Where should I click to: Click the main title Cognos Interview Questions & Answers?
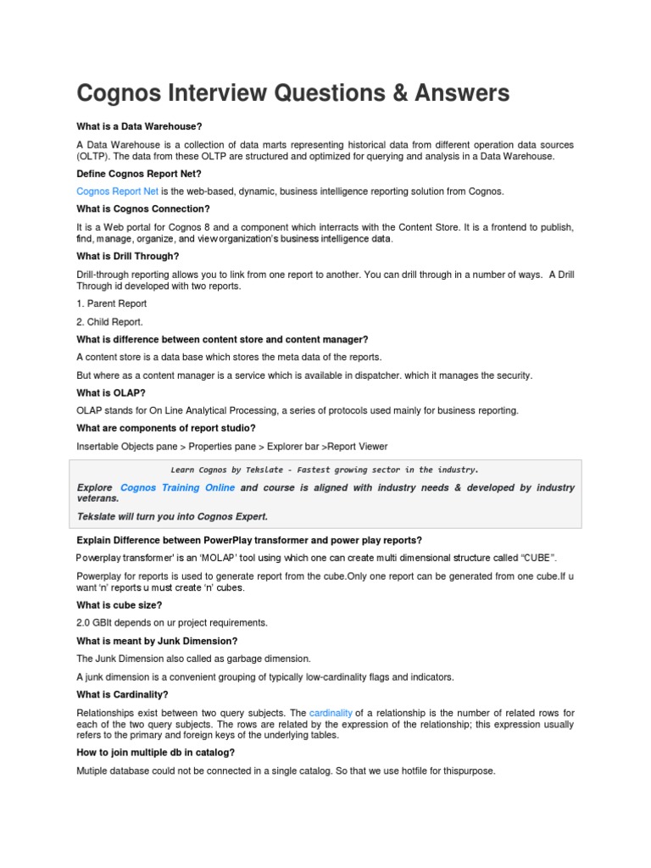click(293, 92)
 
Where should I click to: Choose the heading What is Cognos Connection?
click(143, 209)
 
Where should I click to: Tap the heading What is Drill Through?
click(127, 256)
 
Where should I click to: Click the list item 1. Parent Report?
click(111, 303)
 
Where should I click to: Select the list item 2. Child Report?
click(110, 322)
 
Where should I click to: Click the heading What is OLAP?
click(111, 392)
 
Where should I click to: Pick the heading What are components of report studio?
click(165, 428)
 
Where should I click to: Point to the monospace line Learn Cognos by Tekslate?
click(325, 469)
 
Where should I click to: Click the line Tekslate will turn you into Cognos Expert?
click(172, 516)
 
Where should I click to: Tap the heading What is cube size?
click(119, 604)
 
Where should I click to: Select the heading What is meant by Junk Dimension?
click(157, 641)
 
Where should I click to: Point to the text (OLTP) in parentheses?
click(94, 157)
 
